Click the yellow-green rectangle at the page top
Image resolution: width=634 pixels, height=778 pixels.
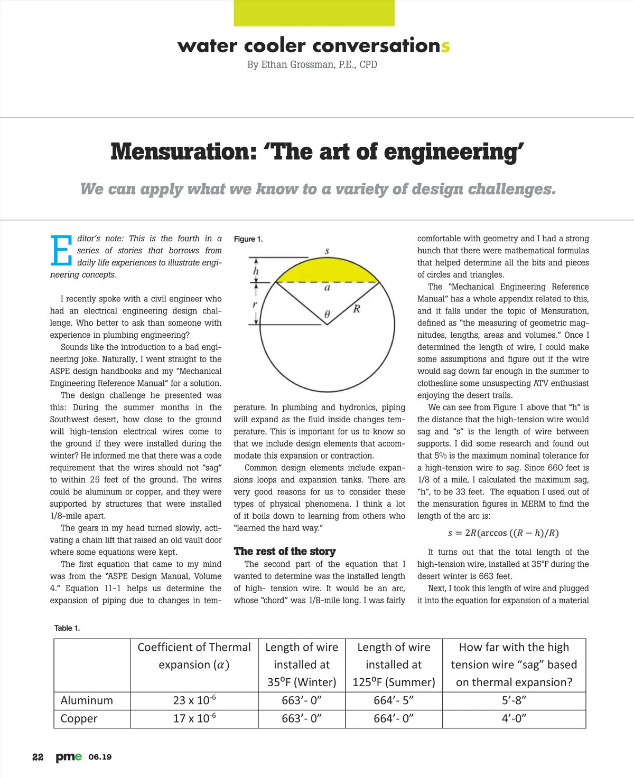pos(314,13)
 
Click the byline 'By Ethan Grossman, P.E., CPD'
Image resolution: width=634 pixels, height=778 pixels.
pos(312,64)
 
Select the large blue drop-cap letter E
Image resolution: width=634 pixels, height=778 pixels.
pos(61,250)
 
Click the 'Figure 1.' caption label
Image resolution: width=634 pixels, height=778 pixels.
pos(248,239)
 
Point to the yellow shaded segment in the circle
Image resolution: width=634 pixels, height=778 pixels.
pos(327,271)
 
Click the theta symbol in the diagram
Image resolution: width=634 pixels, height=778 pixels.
pos(327,315)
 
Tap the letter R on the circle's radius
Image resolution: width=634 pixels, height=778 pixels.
pos(357,309)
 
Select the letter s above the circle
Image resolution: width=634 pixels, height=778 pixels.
pos(327,251)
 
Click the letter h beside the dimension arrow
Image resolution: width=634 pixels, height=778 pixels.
pos(256,271)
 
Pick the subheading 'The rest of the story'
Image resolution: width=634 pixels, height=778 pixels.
pos(285,551)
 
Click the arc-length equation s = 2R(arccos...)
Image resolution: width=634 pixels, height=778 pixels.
pos(503,533)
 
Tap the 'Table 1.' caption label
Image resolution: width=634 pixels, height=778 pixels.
pos(67,628)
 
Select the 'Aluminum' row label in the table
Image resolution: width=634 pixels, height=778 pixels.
pos(87,700)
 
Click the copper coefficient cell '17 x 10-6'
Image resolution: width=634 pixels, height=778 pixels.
pos(194,718)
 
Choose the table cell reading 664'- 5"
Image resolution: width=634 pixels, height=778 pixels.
pos(394,700)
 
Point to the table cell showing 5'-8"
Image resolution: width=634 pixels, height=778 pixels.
pos(514,700)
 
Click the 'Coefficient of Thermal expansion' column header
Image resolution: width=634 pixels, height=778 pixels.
pos(194,656)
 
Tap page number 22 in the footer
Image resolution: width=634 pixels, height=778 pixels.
pos(38,757)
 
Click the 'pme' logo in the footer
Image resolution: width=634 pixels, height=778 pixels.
pos(69,757)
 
